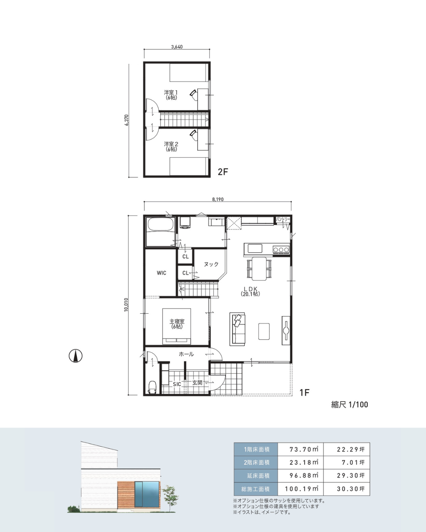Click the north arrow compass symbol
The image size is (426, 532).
tap(75, 356)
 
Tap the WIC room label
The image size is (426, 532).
tap(161, 273)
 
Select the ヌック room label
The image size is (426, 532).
tap(211, 264)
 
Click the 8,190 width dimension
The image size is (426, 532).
tap(218, 199)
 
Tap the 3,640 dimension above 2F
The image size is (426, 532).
tap(177, 47)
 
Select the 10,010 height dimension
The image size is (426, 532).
tap(126, 305)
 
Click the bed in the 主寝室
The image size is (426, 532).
tap(176, 326)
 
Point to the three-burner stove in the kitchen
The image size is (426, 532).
tap(281, 249)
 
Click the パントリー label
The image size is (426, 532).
tap(283, 219)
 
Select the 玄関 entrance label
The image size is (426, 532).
tap(197, 383)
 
